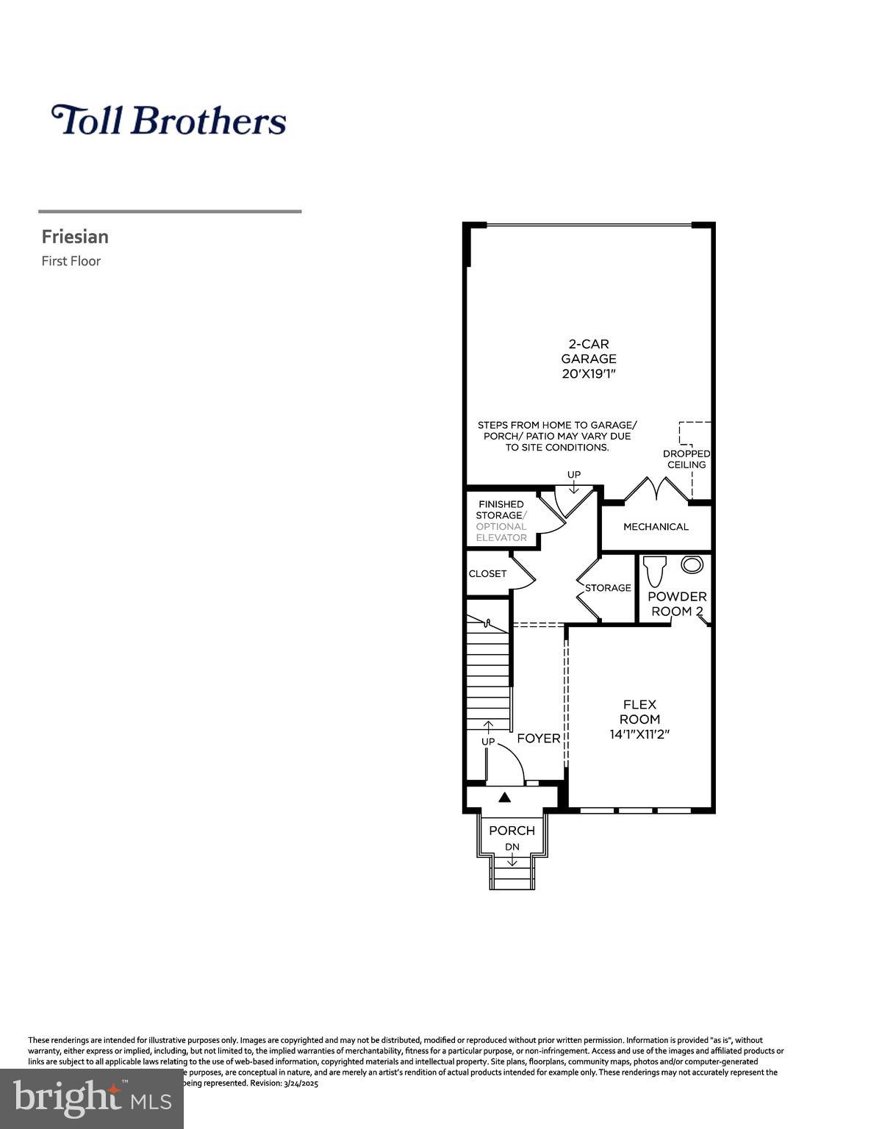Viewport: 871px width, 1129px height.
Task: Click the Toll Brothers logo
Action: [168, 121]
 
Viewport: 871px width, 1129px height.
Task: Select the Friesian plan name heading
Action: [75, 237]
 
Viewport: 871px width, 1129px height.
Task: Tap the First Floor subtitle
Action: [71, 261]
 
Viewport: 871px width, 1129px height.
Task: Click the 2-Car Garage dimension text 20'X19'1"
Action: [589, 373]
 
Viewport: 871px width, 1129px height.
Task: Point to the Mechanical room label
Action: [656, 526]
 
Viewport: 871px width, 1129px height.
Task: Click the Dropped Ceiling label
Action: [686, 459]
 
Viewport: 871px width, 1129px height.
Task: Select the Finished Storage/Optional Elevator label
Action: [501, 520]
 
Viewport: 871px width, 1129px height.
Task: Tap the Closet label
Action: [487, 573]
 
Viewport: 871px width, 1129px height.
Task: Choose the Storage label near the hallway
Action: [608, 587]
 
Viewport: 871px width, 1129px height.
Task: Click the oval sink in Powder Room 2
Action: [692, 564]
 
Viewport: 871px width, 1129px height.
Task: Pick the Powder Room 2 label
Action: [676, 603]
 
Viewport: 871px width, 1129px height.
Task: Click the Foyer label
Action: [538, 738]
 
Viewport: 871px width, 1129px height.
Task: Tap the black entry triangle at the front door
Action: [504, 797]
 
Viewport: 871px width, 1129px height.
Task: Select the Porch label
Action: [512, 831]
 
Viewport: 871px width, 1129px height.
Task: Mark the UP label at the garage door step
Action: [573, 475]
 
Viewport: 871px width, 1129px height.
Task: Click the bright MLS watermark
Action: [92, 1098]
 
